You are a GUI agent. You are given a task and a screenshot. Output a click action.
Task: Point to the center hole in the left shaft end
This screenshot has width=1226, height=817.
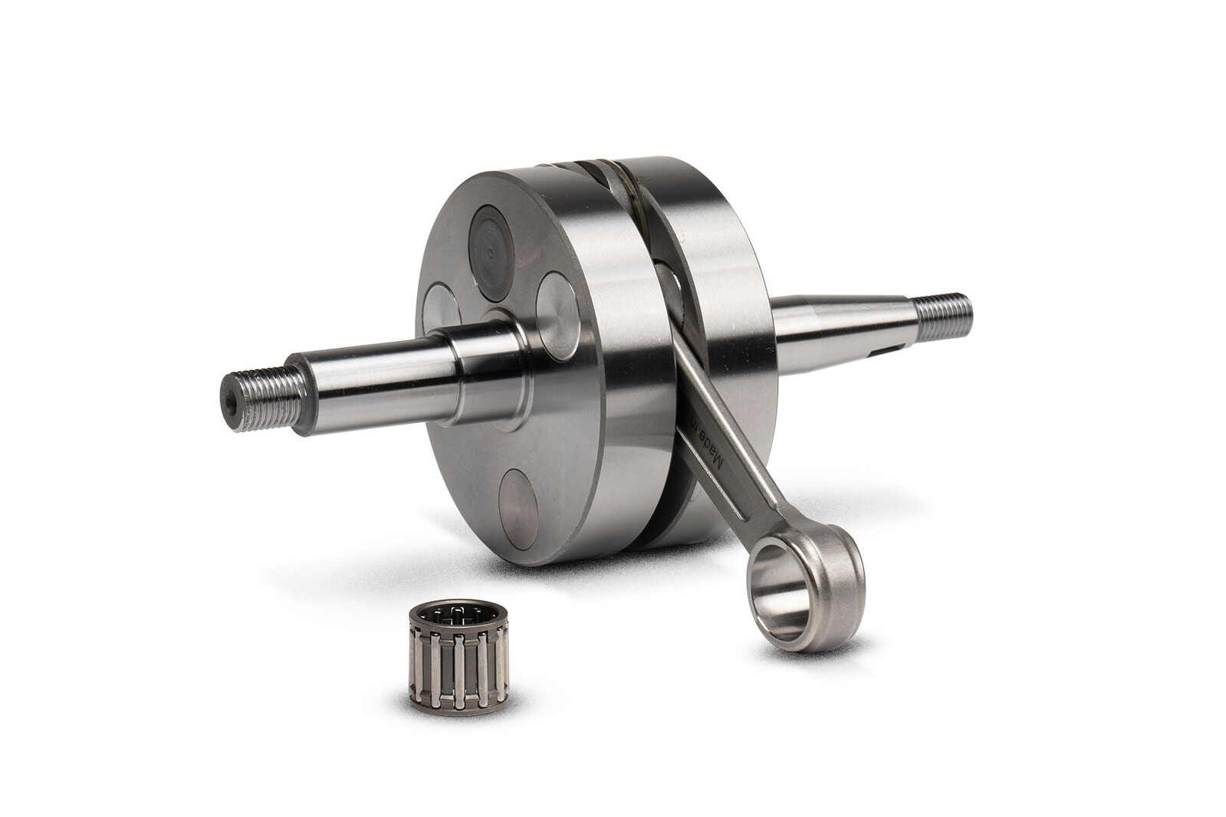coord(228,399)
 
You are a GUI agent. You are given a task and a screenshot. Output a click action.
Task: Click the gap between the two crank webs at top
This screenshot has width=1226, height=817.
coord(606,172)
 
